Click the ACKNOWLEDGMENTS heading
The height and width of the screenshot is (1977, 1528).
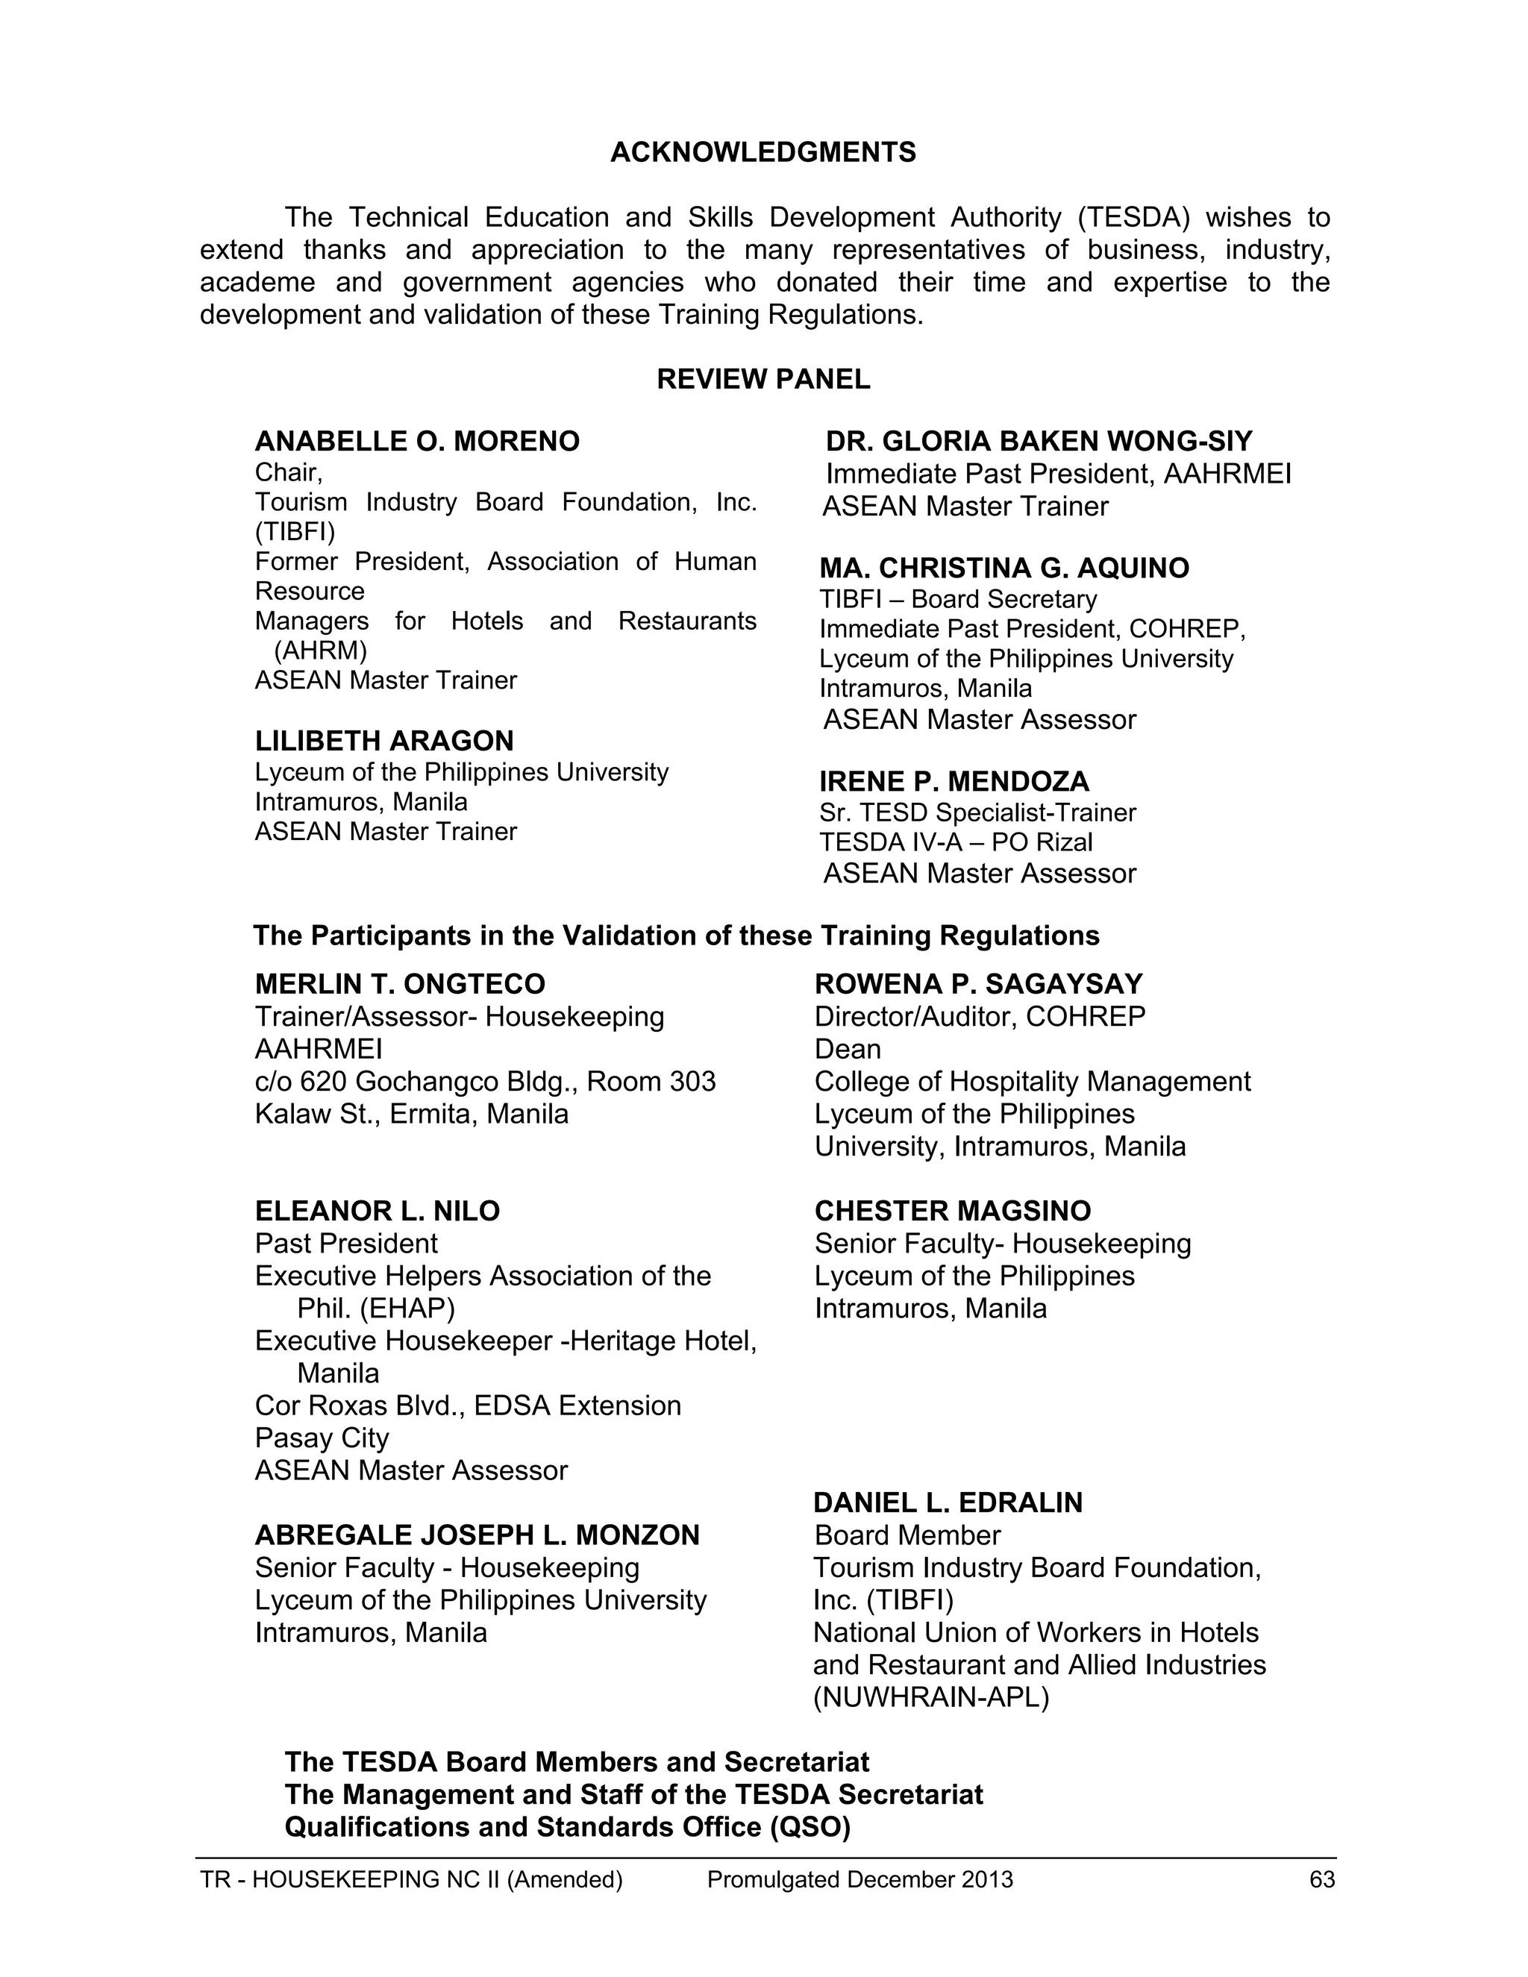click(763, 152)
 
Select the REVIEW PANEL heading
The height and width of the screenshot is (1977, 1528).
click(763, 379)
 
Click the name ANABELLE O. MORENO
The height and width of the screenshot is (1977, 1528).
click(417, 442)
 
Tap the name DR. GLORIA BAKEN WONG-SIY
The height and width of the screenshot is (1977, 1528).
click(1039, 442)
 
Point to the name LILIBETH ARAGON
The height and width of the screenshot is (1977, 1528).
click(383, 742)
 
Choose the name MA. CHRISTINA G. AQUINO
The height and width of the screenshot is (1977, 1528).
click(1004, 568)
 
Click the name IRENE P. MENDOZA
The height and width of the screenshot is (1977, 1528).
click(954, 782)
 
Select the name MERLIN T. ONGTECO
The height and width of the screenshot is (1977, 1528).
click(400, 985)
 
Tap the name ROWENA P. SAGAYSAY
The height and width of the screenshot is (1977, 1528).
click(979, 985)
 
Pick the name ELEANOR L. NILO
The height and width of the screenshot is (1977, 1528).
click(378, 1211)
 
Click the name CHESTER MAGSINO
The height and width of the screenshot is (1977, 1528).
click(952, 1211)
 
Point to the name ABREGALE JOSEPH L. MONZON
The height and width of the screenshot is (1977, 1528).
click(477, 1535)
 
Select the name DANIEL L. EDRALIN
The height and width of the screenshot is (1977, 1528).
click(948, 1503)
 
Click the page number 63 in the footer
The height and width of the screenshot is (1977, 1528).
click(1321, 1880)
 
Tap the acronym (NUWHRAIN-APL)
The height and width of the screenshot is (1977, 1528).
click(930, 1698)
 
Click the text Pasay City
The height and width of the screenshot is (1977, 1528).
click(322, 1438)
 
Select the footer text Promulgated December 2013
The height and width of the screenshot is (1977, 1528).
click(860, 1880)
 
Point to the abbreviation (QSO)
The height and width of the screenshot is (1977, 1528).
click(810, 1828)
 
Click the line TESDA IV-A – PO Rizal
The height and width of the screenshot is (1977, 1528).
click(956, 843)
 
